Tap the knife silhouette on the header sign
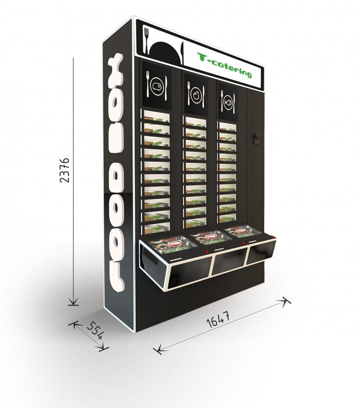[182, 54]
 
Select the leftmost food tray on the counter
[173, 245]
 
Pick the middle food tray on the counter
[210, 237]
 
